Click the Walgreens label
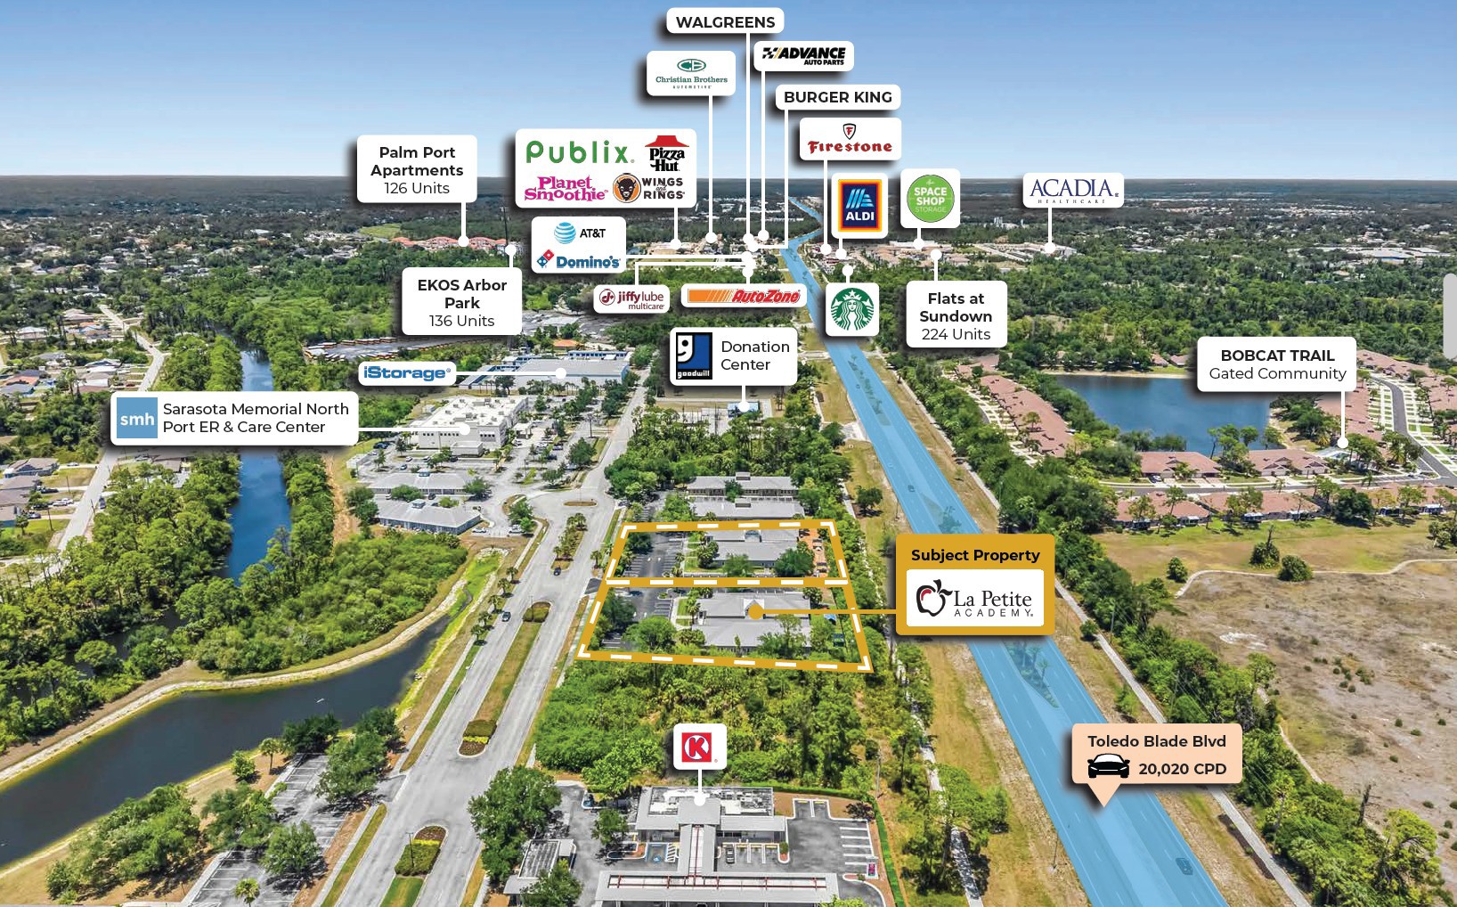[x=725, y=22]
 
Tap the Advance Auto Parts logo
[x=804, y=56]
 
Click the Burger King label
[x=838, y=97]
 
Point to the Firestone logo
[x=850, y=139]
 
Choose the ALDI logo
[x=859, y=206]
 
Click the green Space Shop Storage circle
[x=930, y=199]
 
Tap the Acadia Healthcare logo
[x=1073, y=190]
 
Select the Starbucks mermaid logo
[x=851, y=309]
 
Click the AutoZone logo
[x=744, y=297]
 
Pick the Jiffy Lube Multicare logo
[x=632, y=299]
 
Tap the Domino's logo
[x=578, y=261]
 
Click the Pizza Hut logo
[x=666, y=153]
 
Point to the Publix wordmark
[x=578, y=152]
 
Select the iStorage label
[x=407, y=372]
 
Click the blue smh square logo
[x=136, y=418]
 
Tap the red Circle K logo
[x=699, y=747]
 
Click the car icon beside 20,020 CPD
[x=1109, y=766]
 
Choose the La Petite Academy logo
[x=974, y=599]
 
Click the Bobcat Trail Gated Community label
[x=1277, y=364]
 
